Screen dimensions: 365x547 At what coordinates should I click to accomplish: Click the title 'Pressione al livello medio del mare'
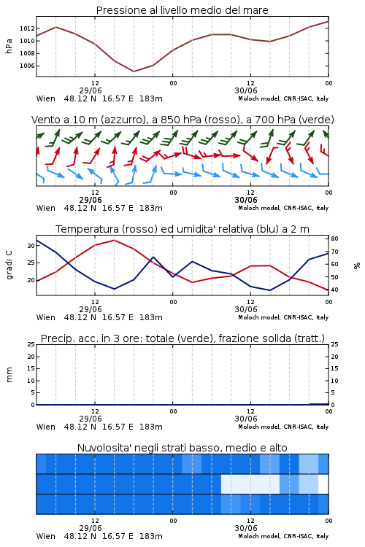(x=182, y=10)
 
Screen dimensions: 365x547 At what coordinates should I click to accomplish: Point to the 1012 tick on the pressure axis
(x=27, y=28)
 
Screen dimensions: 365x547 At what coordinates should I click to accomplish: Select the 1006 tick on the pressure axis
(x=27, y=66)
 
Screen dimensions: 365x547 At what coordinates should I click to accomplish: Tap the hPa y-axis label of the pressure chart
(x=9, y=46)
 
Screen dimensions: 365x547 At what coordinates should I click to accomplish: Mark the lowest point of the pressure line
(x=134, y=71)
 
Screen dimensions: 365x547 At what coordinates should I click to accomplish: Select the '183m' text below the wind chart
(x=151, y=208)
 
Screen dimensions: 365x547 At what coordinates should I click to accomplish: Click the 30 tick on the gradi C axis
(x=31, y=246)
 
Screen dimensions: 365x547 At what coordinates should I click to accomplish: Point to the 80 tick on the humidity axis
(x=334, y=238)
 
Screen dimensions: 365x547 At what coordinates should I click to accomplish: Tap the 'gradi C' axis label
(x=9, y=265)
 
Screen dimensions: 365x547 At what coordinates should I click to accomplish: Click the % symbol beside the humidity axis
(x=357, y=265)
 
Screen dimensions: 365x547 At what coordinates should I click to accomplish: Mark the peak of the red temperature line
(x=114, y=240)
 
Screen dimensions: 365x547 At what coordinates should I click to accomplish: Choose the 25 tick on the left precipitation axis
(x=31, y=344)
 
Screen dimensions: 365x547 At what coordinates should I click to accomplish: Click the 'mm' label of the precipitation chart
(x=9, y=374)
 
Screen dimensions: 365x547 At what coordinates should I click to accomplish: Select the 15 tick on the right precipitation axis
(x=334, y=368)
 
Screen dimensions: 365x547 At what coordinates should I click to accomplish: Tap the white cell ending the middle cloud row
(x=323, y=484)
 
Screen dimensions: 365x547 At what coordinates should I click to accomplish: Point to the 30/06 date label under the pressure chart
(x=246, y=90)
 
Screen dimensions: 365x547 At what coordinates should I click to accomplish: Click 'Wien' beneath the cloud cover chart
(x=46, y=536)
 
